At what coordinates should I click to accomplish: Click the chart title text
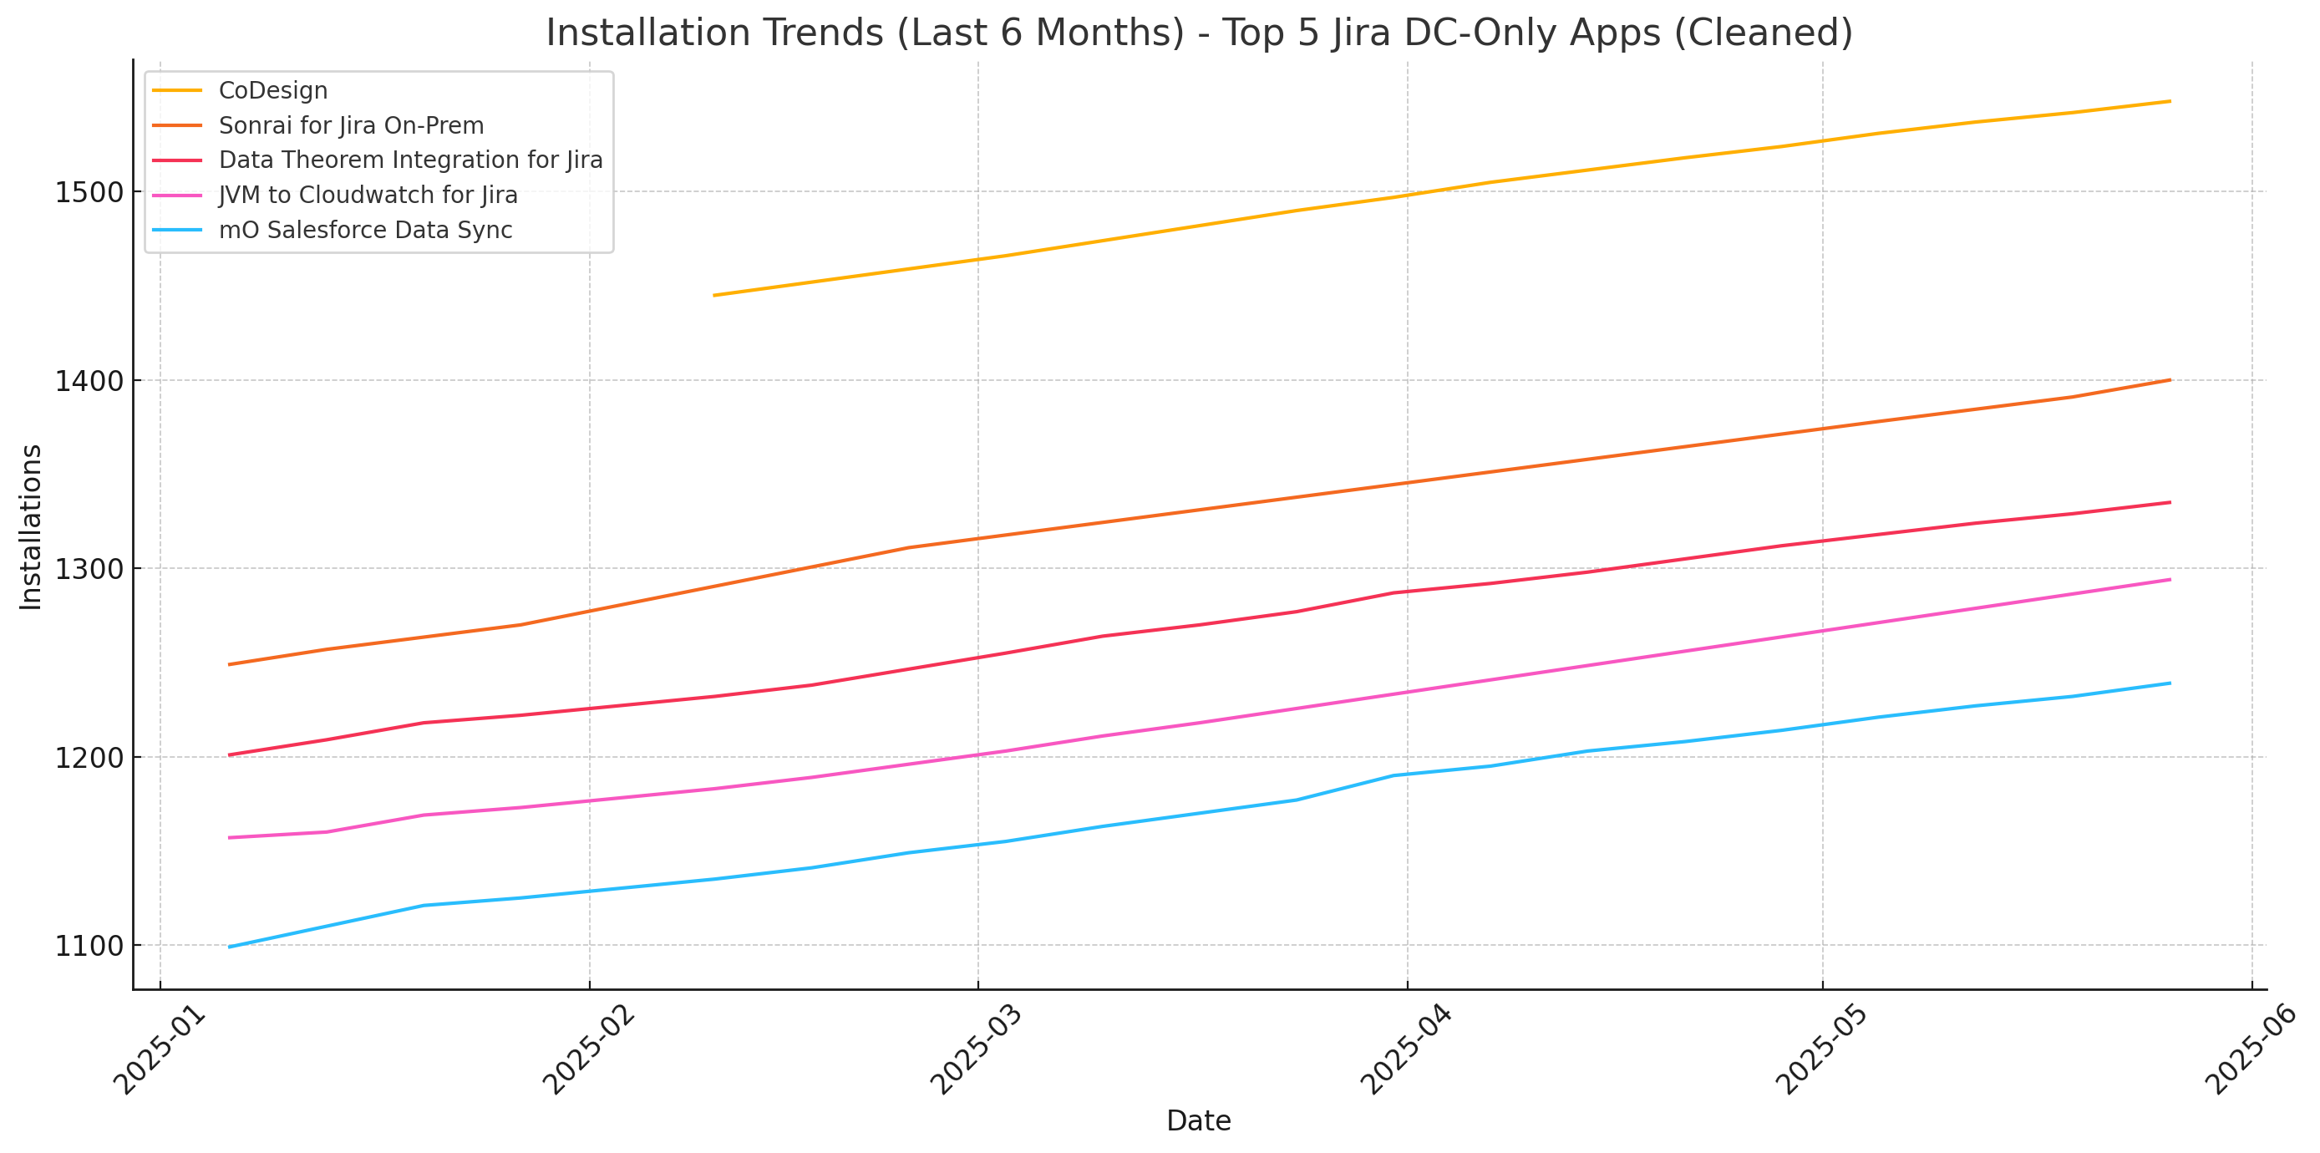1199,33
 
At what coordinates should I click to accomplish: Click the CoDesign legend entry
273,91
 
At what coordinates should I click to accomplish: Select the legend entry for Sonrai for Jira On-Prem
350,126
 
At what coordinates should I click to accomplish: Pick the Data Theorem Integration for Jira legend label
410,160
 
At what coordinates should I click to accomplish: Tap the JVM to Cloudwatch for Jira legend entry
368,196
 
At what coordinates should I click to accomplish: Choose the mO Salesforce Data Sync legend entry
365,231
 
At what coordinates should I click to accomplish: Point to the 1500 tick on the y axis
89,193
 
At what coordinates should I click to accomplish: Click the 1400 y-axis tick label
89,381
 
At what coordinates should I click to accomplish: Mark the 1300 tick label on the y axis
89,569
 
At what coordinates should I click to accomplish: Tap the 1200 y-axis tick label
89,758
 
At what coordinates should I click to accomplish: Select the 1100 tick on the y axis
89,946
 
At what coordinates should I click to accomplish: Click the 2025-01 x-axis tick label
160,1050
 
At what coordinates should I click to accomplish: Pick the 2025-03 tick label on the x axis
977,1050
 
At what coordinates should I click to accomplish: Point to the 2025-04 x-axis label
1406,1050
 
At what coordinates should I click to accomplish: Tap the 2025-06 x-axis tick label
2251,1050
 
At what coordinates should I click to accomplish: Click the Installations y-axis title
32,527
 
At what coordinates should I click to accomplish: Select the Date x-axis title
1198,1120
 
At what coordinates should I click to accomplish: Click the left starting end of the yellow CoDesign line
714,296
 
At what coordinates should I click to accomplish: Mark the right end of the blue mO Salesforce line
2170,683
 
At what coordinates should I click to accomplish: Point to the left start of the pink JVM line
230,838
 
